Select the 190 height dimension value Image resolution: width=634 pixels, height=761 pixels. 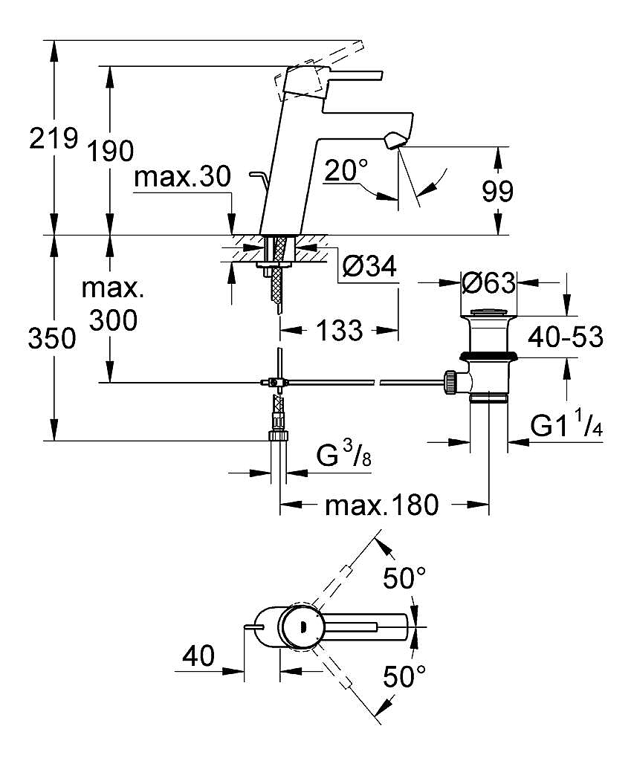point(110,152)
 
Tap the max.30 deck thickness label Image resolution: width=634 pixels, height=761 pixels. point(183,178)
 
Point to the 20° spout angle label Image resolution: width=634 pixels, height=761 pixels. point(346,171)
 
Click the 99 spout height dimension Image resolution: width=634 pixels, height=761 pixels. point(496,192)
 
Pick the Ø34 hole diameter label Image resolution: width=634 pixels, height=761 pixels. point(369,265)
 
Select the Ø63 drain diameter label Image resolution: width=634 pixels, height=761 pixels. point(488,283)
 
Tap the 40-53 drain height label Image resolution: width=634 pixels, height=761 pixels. point(565,337)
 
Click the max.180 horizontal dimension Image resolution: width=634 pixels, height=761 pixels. point(382,506)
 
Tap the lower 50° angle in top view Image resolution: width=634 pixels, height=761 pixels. point(404,676)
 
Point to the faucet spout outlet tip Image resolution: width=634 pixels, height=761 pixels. point(393,140)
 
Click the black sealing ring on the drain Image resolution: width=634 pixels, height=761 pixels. point(488,356)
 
